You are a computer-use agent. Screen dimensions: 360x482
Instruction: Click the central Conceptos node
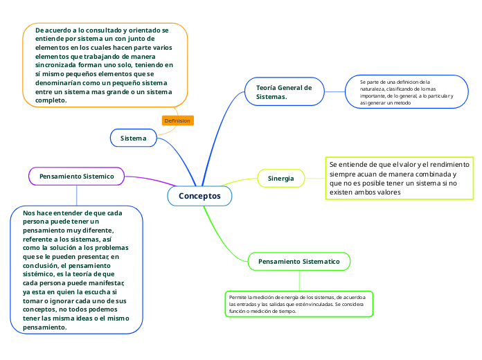pos(199,196)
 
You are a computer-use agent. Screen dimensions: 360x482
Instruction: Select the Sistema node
pos(133,138)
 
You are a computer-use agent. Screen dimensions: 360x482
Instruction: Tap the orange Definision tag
pos(177,120)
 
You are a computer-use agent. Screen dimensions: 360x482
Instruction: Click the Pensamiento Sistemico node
pos(76,177)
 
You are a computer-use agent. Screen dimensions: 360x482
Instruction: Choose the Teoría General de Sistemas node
pos(284,91)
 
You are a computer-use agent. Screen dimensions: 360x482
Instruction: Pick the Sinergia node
pos(280,178)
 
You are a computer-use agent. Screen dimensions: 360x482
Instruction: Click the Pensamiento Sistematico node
pos(298,261)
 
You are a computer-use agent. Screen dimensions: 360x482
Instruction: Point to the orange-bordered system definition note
pos(105,65)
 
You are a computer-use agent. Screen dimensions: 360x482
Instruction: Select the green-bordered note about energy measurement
pos(299,304)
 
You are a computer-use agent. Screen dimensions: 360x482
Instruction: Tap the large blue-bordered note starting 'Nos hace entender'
pos(76,270)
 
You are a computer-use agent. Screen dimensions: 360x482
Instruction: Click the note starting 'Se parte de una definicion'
pos(407,92)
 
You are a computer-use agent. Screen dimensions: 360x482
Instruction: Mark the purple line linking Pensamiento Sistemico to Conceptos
pos(149,180)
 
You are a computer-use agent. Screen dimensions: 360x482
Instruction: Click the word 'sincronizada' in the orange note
pos(59,65)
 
